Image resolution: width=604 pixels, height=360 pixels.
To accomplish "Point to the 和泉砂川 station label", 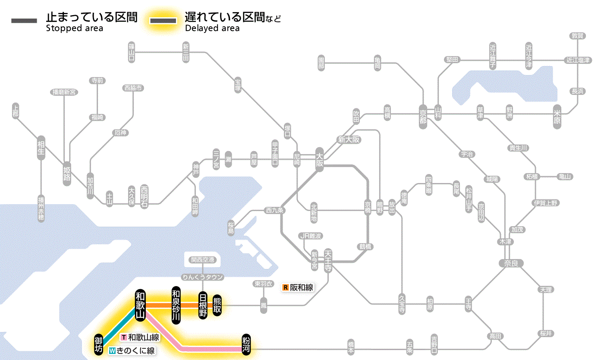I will point(176,305).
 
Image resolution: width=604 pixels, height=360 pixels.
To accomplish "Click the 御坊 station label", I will point(99,344).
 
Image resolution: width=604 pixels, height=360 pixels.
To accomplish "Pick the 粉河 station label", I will point(247,344).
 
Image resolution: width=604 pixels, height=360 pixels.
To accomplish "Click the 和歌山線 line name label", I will point(140,337).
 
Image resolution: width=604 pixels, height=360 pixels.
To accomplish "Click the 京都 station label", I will point(423,114).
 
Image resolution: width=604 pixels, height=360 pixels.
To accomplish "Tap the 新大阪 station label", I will point(349,139).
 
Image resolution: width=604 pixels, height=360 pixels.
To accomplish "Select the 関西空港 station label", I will point(202,260).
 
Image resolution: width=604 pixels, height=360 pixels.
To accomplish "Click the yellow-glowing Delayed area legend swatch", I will point(163,21).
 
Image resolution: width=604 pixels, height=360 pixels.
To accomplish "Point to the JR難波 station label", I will point(311,236).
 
